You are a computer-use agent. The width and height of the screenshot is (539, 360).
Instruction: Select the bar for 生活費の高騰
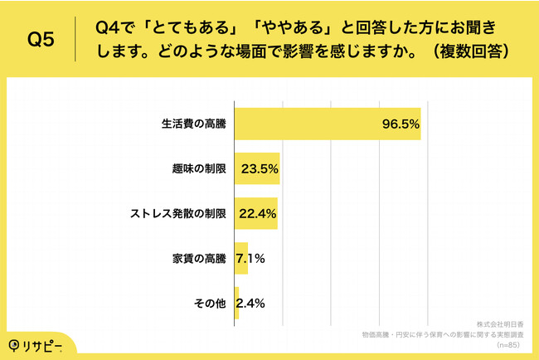tap(328, 124)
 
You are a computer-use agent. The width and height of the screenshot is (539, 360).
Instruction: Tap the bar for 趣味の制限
tap(257, 168)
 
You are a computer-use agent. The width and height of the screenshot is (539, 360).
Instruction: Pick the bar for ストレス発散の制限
tap(255, 213)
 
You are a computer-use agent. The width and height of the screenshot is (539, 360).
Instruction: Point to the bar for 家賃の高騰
tap(241, 258)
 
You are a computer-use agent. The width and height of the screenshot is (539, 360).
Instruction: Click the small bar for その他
tap(237, 303)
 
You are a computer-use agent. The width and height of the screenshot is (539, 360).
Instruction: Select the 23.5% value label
tap(259, 168)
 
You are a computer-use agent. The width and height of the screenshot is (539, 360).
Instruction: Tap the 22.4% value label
tap(258, 213)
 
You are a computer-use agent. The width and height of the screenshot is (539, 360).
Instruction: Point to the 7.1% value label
tap(250, 258)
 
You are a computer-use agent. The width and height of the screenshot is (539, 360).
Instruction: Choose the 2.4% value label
tap(250, 303)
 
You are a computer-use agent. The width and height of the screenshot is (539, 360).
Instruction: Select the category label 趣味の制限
tap(198, 168)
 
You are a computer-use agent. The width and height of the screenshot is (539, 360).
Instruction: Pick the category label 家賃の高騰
tap(198, 258)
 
